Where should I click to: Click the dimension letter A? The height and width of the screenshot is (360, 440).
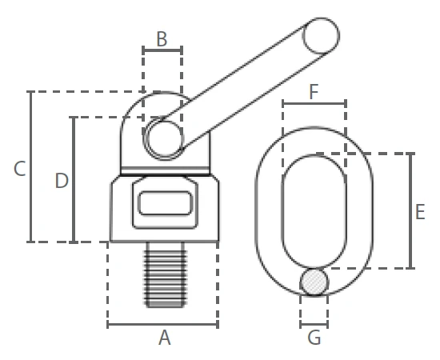click(165, 338)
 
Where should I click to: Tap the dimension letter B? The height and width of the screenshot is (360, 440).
click(162, 39)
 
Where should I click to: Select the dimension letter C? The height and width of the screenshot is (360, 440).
click(20, 169)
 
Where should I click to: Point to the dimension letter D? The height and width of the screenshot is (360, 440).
click(62, 181)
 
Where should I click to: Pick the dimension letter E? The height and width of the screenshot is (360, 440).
click(420, 212)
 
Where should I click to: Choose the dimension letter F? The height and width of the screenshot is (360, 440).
click(314, 91)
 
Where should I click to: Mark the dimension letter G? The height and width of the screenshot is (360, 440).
click(314, 338)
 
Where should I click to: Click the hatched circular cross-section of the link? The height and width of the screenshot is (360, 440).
click(314, 282)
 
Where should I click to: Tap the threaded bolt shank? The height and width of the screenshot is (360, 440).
click(165, 274)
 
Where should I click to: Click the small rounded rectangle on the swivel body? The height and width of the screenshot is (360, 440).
click(166, 203)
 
